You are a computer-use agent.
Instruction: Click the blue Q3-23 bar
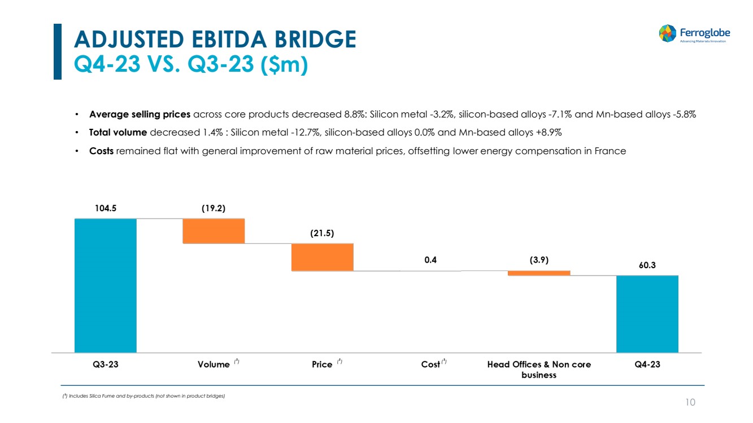coord(105,285)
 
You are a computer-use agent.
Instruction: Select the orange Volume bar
coord(214,230)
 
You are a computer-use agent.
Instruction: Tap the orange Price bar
coord(322,257)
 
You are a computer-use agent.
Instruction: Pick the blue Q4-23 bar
coord(647,314)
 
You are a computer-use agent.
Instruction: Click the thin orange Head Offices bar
coord(539,273)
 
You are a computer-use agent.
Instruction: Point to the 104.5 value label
coord(105,208)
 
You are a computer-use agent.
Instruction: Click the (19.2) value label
coord(214,208)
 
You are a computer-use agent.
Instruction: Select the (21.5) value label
coord(322,233)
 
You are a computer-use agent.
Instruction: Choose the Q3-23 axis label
coord(105,364)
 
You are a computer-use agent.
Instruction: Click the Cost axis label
coord(430,364)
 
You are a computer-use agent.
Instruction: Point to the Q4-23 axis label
coord(647,364)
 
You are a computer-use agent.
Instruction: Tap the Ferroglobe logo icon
coord(668,33)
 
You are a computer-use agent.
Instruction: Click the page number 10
coord(690,402)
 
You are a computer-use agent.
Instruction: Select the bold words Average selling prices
coord(140,114)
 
